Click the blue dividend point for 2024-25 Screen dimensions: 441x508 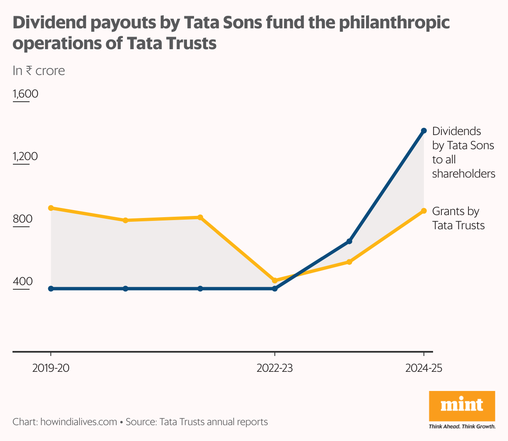point(424,130)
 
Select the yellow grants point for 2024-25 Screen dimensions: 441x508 point(424,211)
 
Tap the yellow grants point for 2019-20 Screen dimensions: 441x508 point(51,208)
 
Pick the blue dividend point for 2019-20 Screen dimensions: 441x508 point(51,288)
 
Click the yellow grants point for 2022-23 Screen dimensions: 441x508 point(274,281)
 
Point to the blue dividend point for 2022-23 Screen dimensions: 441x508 point(274,288)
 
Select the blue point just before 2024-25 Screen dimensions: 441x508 point(349,241)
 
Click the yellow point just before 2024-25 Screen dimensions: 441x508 point(349,262)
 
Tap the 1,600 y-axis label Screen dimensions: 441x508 point(25,94)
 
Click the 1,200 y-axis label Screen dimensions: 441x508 point(25,156)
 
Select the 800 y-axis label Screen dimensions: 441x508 point(22,219)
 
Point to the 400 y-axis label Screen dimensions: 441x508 point(22,282)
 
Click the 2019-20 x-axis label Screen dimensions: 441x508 point(51,368)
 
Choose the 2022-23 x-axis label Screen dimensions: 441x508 point(274,368)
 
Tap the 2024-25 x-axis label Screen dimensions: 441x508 point(423,368)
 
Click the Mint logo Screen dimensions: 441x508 point(462,406)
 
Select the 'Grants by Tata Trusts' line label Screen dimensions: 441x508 point(458,218)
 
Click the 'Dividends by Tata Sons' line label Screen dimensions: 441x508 point(463,152)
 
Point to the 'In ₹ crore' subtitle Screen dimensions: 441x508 point(39,71)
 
